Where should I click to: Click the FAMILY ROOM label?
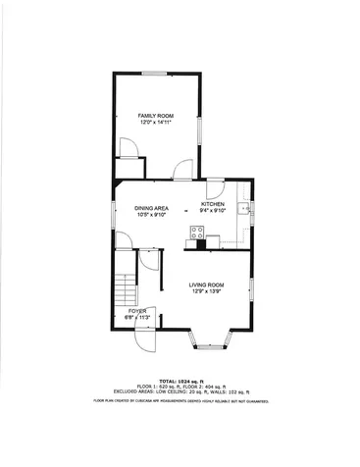[155, 116]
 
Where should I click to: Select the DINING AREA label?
[152, 208]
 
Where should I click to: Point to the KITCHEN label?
[213, 204]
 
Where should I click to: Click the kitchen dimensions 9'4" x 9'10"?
[213, 211]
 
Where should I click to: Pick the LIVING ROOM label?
[206, 285]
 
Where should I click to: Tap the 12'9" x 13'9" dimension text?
[206, 291]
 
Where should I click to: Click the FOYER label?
[135, 311]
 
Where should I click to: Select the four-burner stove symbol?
[197, 233]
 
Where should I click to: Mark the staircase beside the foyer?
[125, 288]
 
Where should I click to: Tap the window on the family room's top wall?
[154, 73]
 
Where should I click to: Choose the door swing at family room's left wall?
[127, 149]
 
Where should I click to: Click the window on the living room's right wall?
[252, 289]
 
